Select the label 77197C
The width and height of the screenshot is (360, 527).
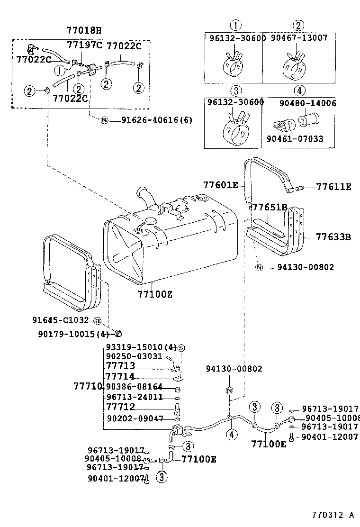85,45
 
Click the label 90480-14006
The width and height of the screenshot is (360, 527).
307,103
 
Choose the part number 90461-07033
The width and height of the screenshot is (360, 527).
295,139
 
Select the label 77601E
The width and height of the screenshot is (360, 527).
220,185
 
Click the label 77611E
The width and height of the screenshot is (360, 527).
334,187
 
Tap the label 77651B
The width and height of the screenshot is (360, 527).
270,208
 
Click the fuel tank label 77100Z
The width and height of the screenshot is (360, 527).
155,294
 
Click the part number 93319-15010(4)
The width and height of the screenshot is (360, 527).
141,347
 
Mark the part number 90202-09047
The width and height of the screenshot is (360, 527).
135,418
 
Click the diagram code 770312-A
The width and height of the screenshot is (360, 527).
333,515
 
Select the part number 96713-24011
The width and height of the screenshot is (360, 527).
135,397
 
